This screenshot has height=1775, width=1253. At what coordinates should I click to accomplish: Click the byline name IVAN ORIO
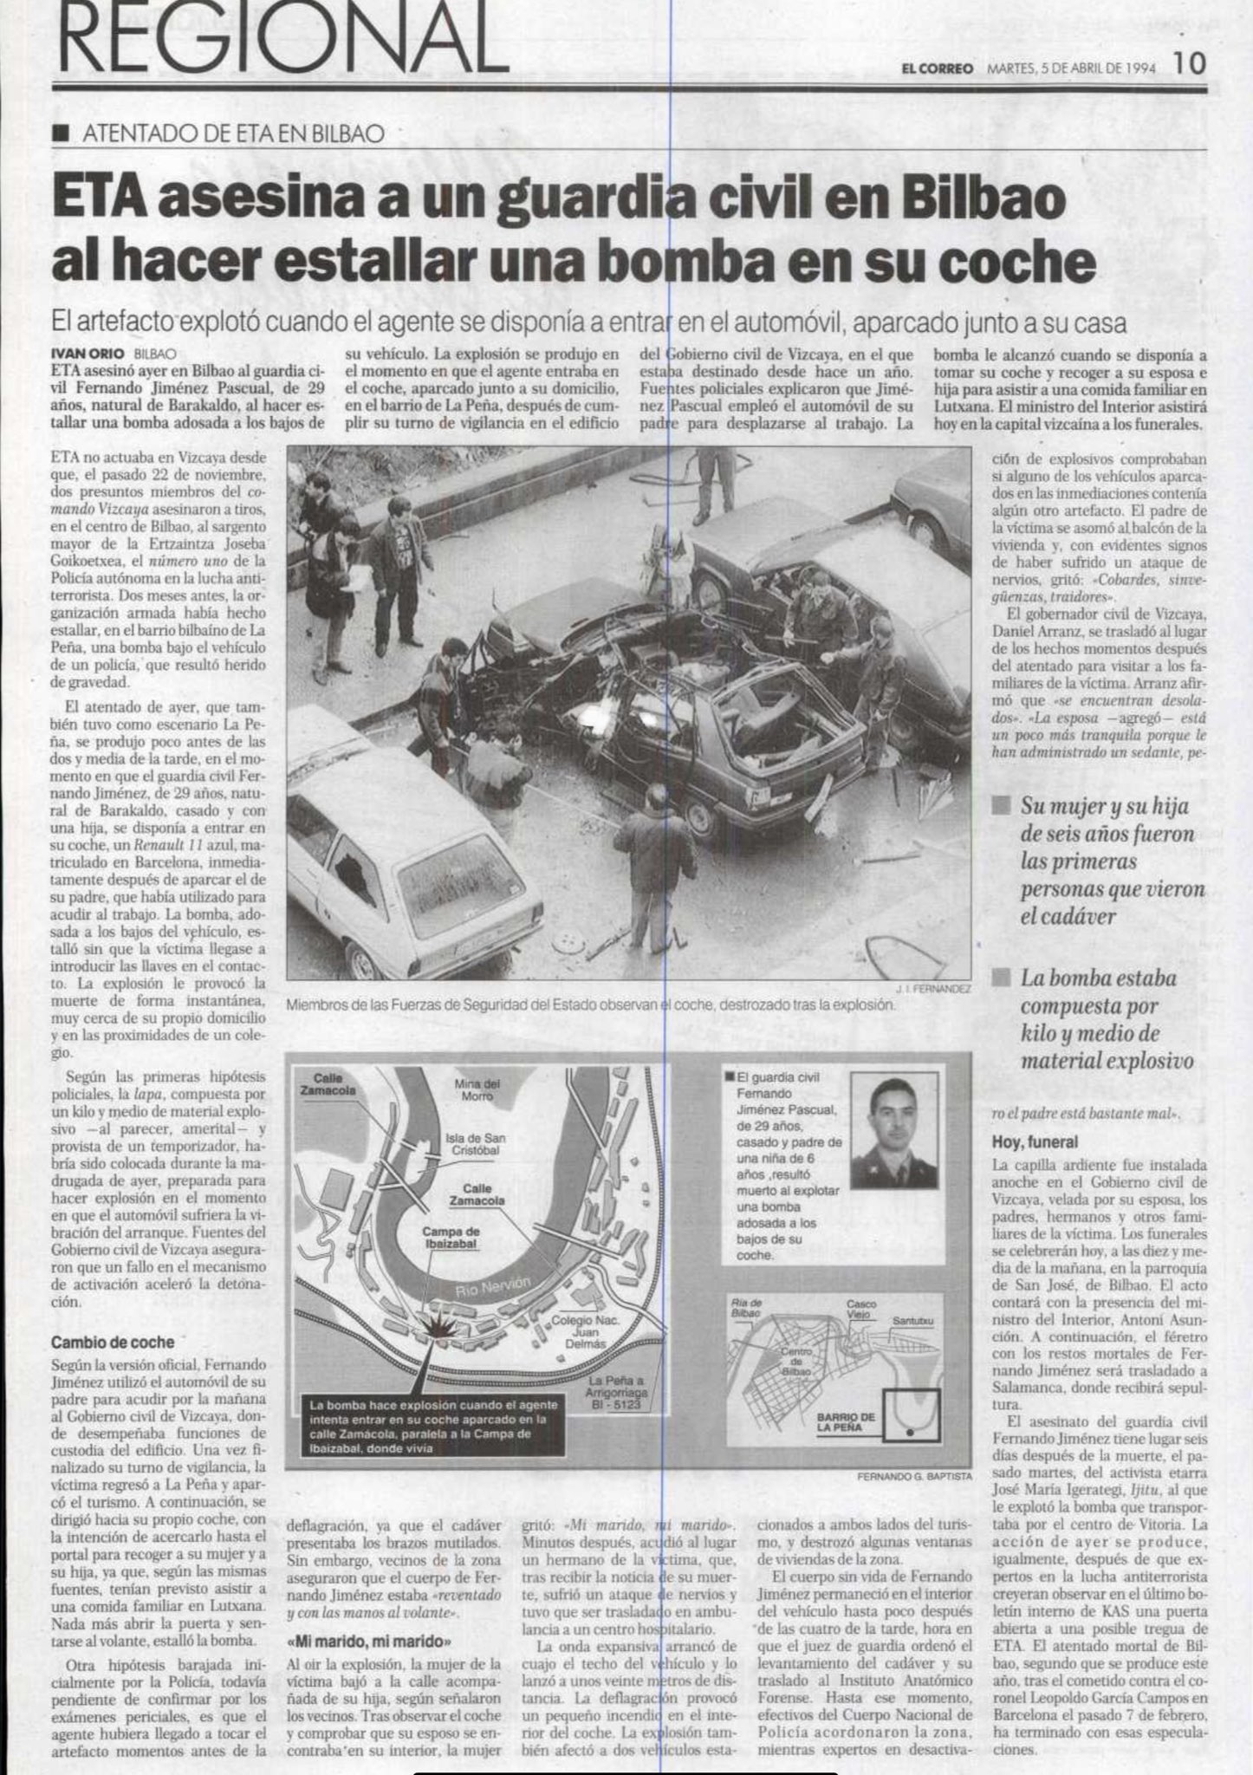pyautogui.click(x=88, y=354)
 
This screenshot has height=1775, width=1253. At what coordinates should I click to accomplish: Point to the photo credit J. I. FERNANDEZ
pyautogui.click(x=934, y=988)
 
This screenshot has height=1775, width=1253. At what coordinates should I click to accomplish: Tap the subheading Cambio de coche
pyautogui.click(x=113, y=1343)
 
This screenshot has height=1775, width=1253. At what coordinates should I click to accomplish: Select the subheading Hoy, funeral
pyautogui.click(x=1035, y=1142)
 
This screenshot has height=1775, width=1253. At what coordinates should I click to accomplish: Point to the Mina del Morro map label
pyautogui.click(x=477, y=1089)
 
